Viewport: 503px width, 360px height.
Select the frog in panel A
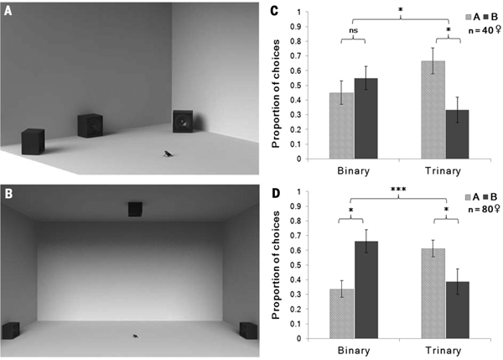click(x=169, y=153)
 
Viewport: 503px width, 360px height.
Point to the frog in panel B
click(x=135, y=337)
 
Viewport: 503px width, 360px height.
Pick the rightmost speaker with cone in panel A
click(x=184, y=123)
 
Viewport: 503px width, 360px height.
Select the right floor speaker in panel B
click(x=247, y=331)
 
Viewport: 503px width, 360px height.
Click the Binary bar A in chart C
click(x=342, y=126)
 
